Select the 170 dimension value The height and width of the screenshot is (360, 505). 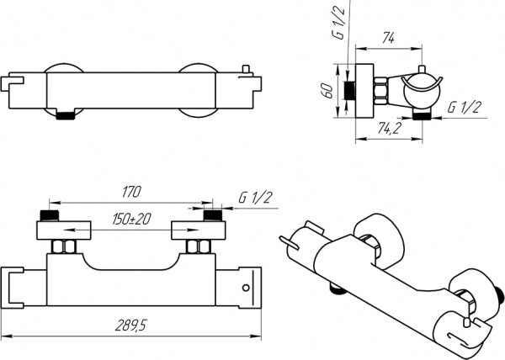tap(131, 193)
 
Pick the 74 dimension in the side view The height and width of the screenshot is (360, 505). tap(389, 38)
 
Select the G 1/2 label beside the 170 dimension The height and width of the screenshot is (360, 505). tap(255, 198)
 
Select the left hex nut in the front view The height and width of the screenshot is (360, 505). tap(63, 247)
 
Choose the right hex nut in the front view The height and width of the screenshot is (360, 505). tap(199, 247)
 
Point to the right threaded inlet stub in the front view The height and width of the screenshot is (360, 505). tap(213, 216)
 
